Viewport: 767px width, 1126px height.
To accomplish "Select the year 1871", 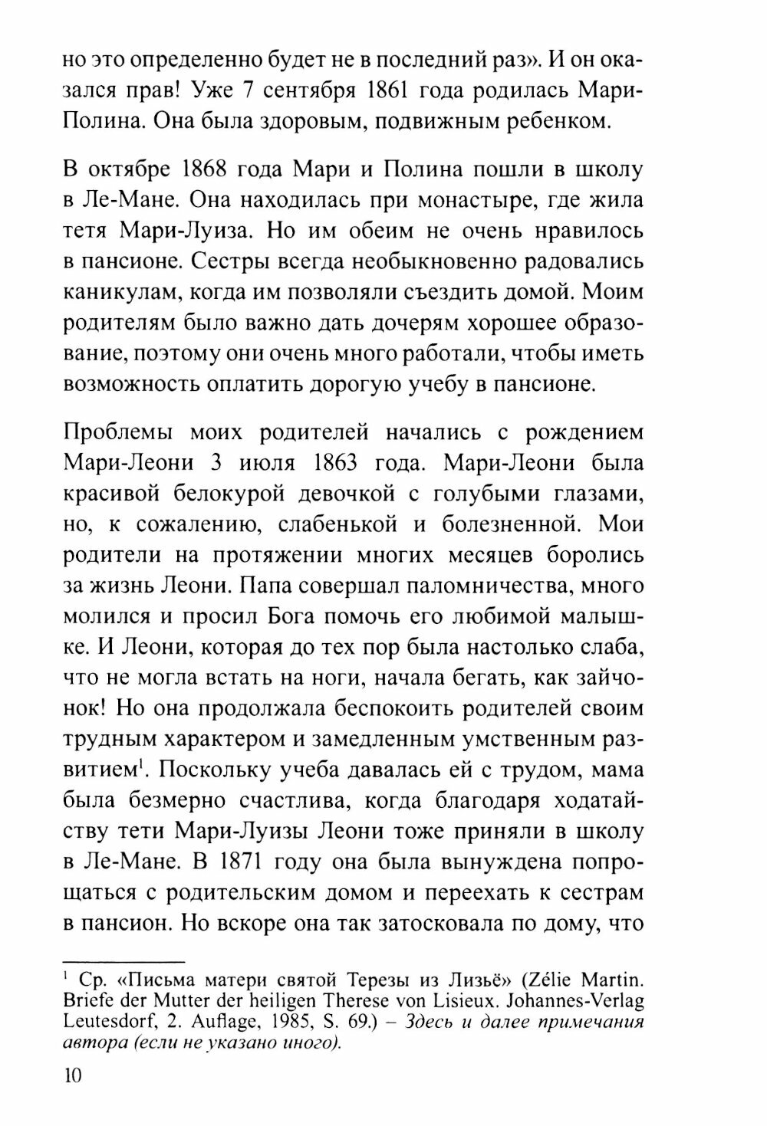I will coord(230,860).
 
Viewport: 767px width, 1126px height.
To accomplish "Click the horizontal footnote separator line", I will coord(123,960).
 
